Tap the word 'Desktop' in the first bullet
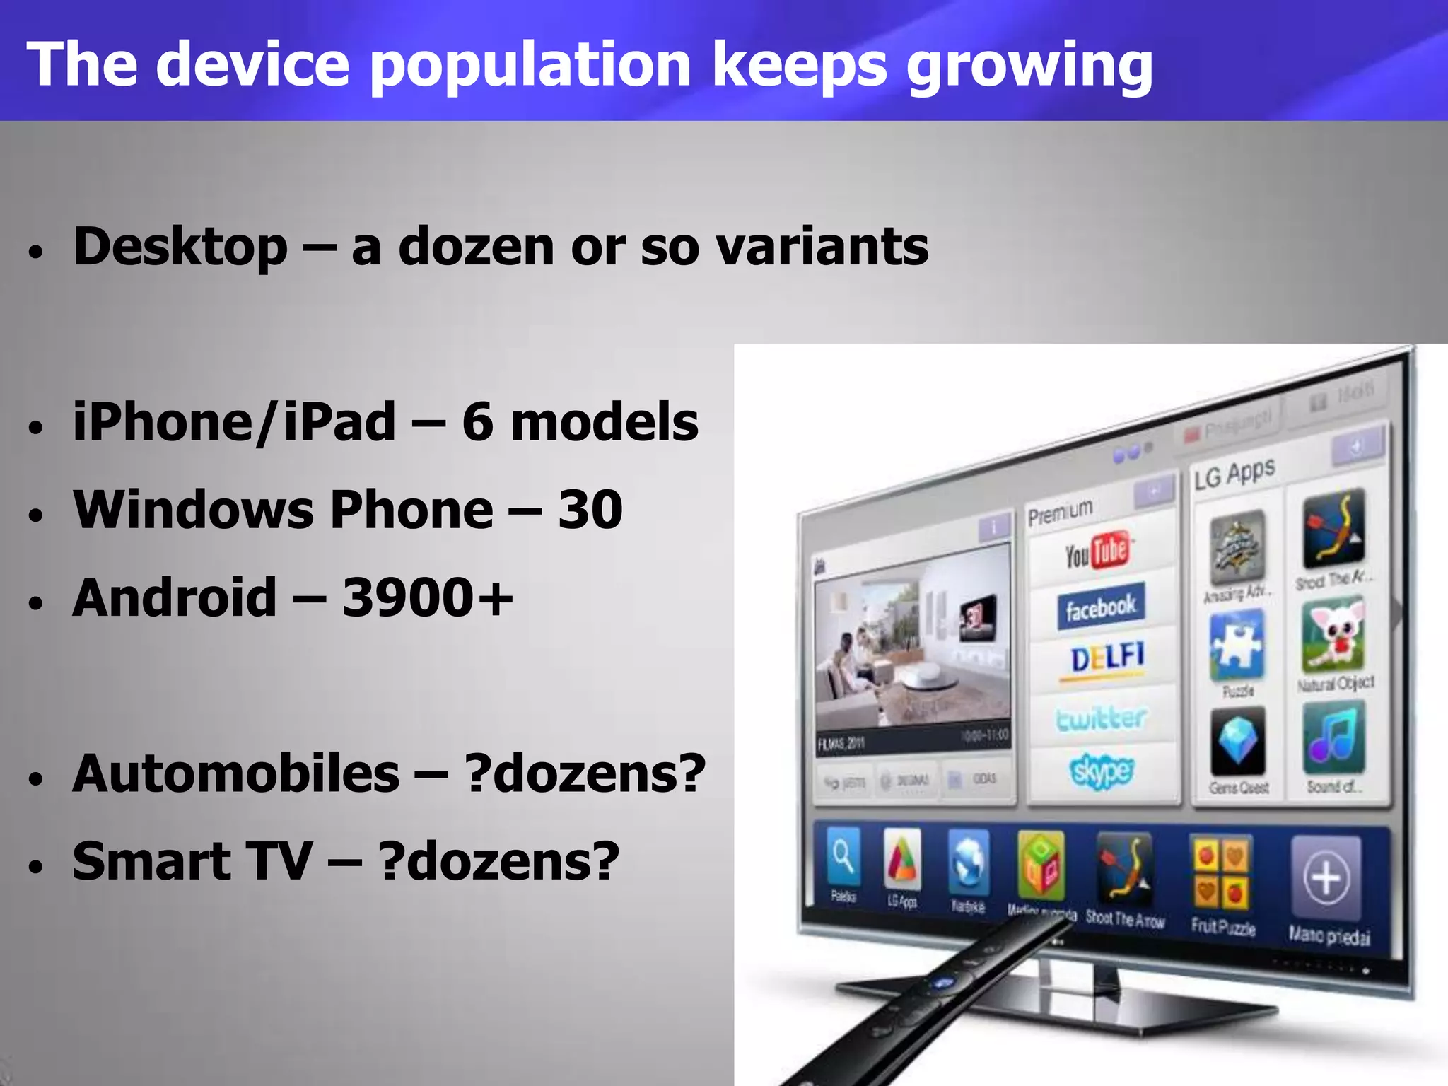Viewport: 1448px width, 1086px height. pyautogui.click(x=180, y=247)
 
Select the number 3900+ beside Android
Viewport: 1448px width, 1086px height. pyautogui.click(x=427, y=597)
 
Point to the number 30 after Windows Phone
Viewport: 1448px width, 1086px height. pyautogui.click(x=590, y=509)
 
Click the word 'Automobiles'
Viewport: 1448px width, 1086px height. pyautogui.click(x=235, y=773)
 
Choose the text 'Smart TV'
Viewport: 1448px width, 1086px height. pyautogui.click(x=192, y=861)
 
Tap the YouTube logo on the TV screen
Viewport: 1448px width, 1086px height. pyautogui.click(x=1098, y=552)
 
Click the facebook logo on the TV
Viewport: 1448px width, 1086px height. pyautogui.click(x=1100, y=607)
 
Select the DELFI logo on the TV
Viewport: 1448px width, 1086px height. pyautogui.click(x=1107, y=659)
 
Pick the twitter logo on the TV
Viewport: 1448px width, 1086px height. pyautogui.click(x=1100, y=718)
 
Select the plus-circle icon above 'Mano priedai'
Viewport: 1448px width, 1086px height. pyautogui.click(x=1326, y=879)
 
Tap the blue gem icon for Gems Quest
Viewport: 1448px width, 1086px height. pyautogui.click(x=1237, y=743)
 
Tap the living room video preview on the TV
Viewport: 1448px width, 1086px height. pyautogui.click(x=913, y=640)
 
